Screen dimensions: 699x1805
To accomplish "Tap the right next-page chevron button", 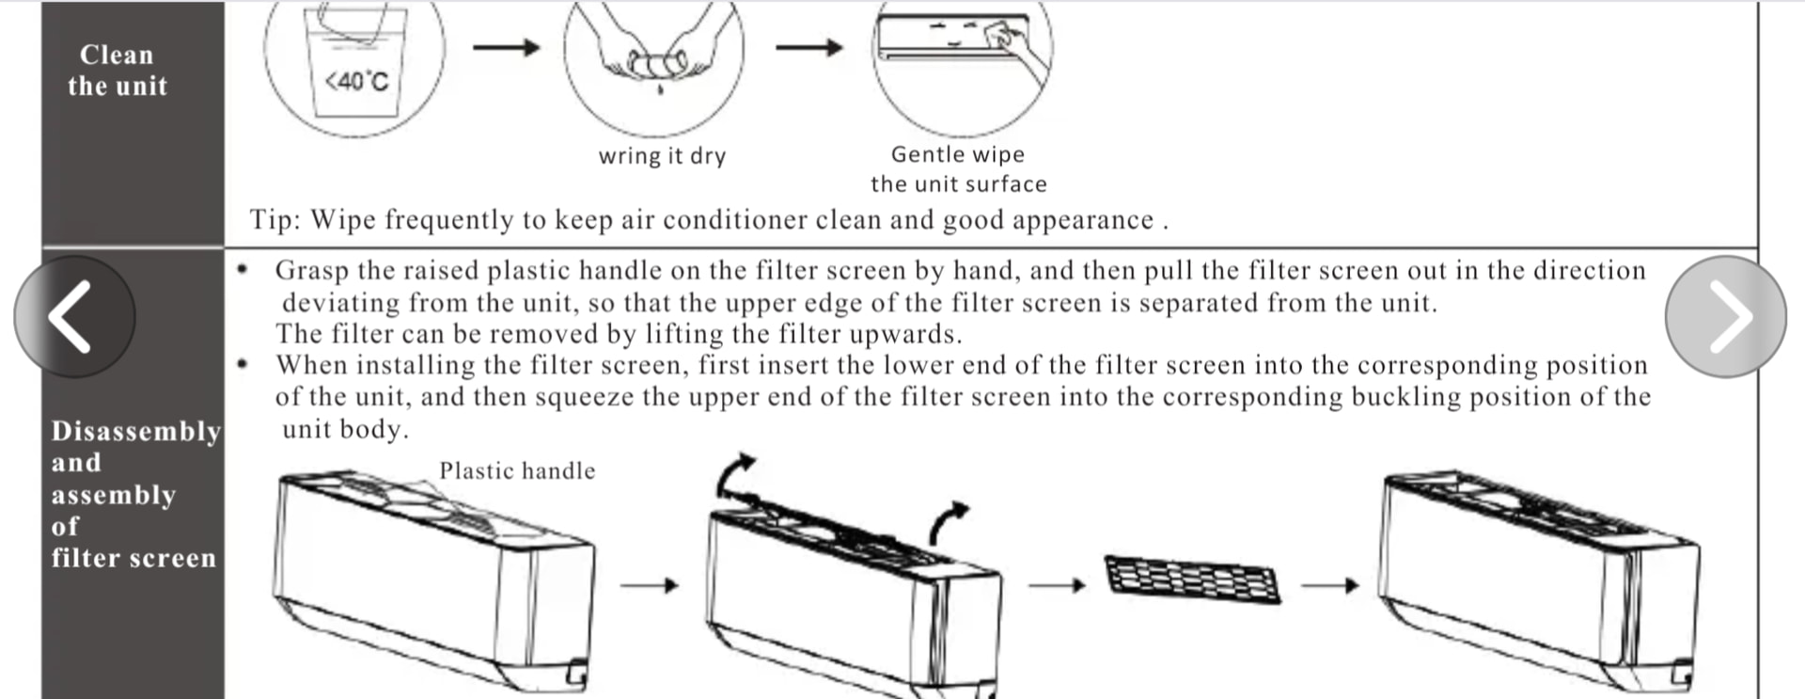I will point(1725,317).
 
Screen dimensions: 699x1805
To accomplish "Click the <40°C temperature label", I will point(356,82).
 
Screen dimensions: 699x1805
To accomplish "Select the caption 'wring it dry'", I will point(662,156).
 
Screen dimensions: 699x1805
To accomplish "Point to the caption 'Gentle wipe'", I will point(957,154).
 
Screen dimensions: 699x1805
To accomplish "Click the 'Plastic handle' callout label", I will point(517,470).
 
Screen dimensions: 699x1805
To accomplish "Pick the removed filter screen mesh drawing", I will point(1193,578).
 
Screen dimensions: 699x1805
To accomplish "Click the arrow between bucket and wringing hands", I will point(506,47).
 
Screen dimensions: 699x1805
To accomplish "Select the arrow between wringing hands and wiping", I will point(808,47).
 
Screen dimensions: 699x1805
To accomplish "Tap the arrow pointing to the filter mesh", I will point(1057,585).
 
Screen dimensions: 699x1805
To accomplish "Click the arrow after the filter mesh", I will point(1329,585).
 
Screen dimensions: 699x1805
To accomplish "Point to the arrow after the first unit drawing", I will point(649,585).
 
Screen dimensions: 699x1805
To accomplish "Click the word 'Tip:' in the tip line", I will point(275,220).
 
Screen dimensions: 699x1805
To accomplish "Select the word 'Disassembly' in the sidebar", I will point(136,431).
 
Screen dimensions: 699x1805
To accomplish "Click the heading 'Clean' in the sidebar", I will point(117,55).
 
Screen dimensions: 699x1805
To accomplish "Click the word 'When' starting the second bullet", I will point(311,365).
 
